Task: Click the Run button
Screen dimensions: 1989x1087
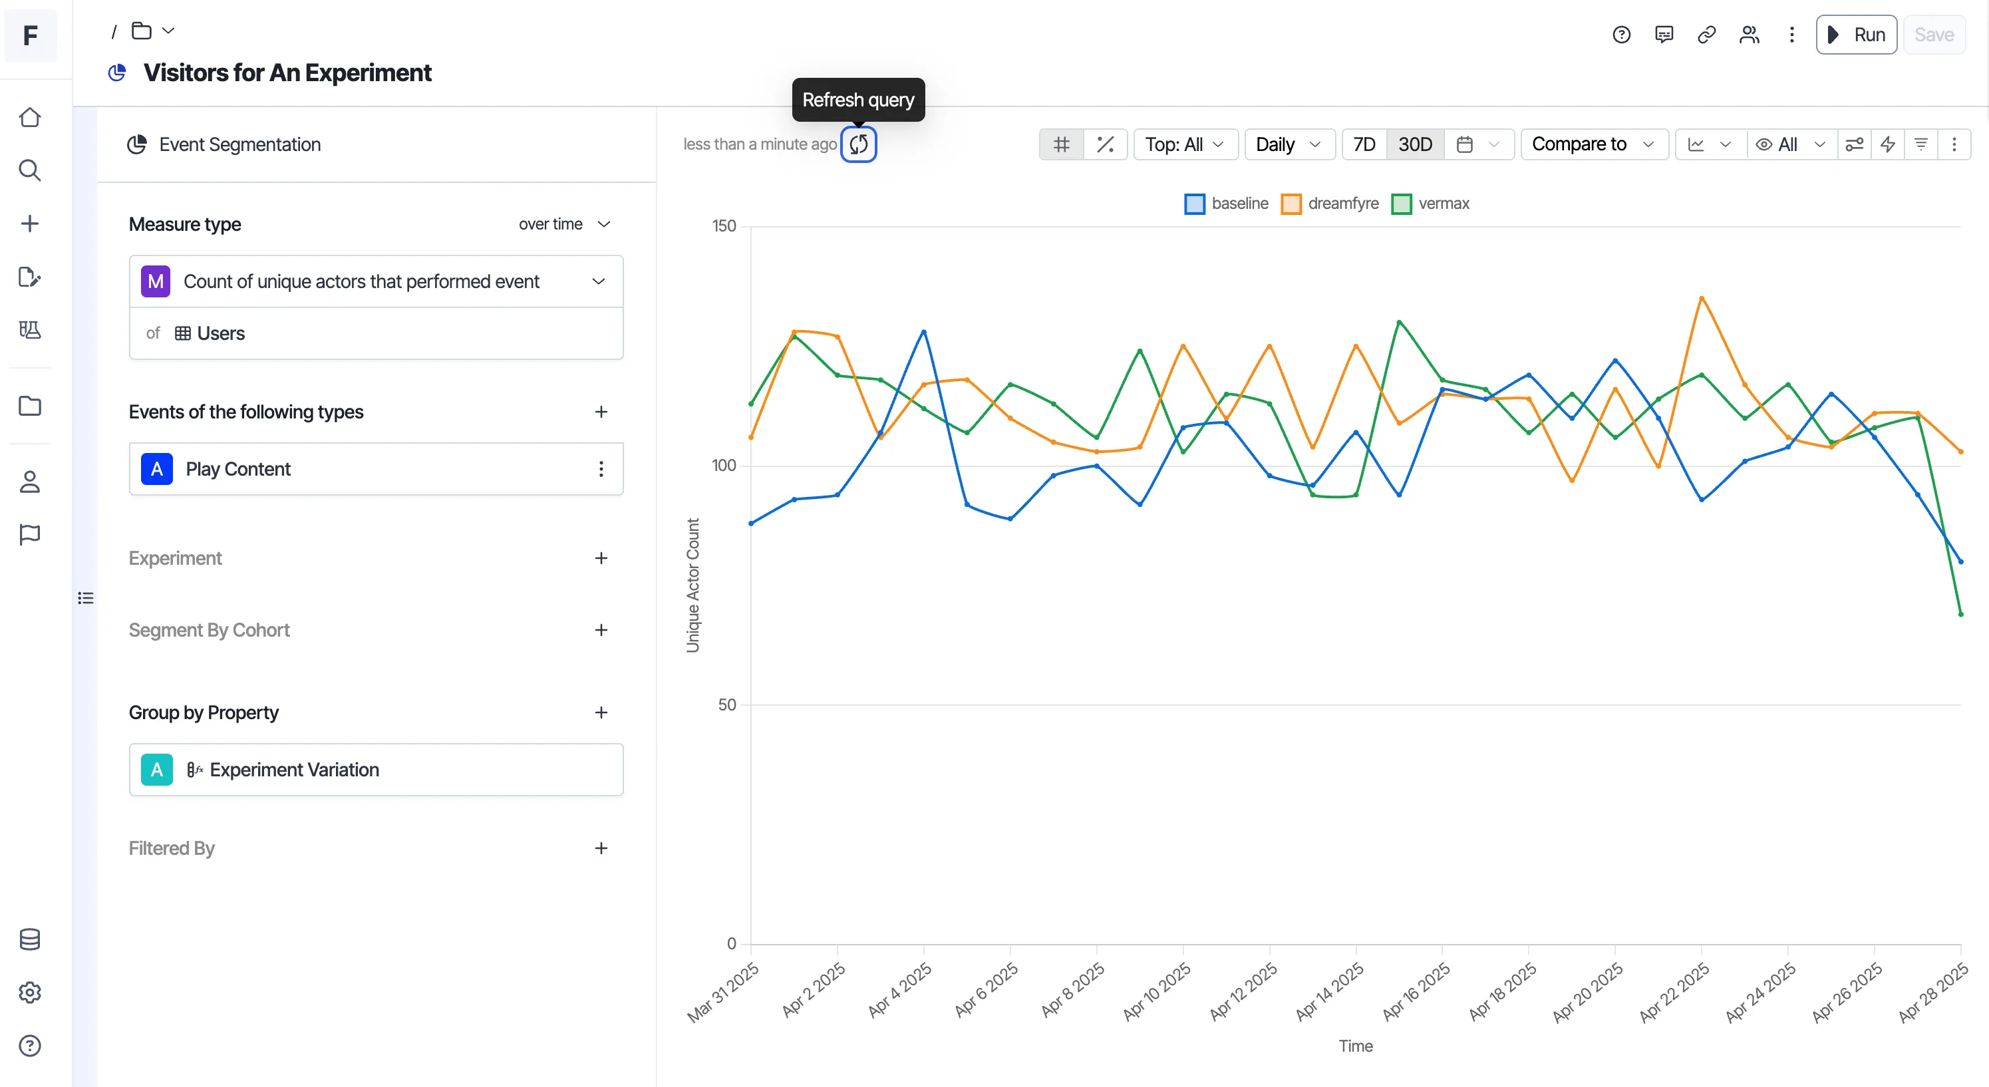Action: click(x=1855, y=35)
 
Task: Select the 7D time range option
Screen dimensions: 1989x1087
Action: click(x=1364, y=144)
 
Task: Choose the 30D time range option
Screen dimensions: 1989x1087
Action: click(x=1414, y=144)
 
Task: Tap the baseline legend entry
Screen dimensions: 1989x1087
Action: click(x=1226, y=204)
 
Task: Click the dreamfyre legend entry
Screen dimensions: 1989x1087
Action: click(x=1330, y=204)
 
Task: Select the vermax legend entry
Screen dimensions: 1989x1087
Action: click(x=1430, y=204)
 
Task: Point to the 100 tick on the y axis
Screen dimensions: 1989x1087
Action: click(x=724, y=466)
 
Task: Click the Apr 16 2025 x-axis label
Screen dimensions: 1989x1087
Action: click(x=1416, y=992)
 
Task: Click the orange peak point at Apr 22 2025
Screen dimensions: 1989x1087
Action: click(x=1701, y=298)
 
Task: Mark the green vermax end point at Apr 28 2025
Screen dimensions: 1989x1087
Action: click(x=1960, y=615)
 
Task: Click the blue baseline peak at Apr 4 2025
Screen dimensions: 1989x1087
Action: click(x=923, y=332)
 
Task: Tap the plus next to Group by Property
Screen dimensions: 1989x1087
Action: click(x=601, y=712)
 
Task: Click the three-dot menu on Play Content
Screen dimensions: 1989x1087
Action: click(x=601, y=470)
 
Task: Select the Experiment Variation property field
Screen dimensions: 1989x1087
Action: click(x=376, y=770)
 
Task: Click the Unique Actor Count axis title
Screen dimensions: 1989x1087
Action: click(x=693, y=585)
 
